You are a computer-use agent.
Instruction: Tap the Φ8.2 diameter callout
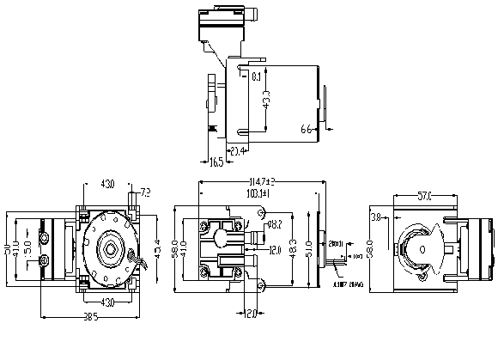point(276,224)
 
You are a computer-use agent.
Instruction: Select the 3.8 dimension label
point(374,218)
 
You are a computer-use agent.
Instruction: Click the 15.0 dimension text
point(27,248)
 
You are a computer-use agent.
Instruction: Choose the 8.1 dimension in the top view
point(258,77)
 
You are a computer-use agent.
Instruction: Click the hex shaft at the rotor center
point(110,249)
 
